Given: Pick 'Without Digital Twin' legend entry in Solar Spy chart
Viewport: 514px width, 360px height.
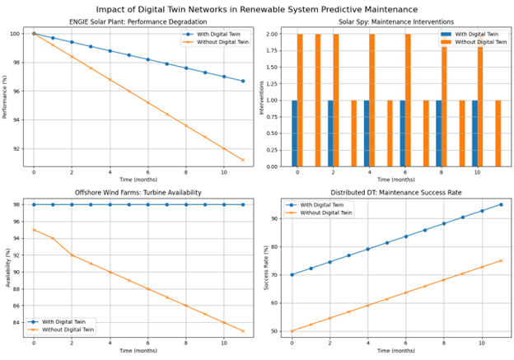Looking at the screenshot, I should [x=474, y=42].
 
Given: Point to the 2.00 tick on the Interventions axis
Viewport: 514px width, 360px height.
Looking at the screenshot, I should [x=271, y=34].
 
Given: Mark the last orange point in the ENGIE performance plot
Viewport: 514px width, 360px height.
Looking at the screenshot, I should [x=243, y=160].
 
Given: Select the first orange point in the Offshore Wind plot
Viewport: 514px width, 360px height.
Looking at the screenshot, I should [x=34, y=230].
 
